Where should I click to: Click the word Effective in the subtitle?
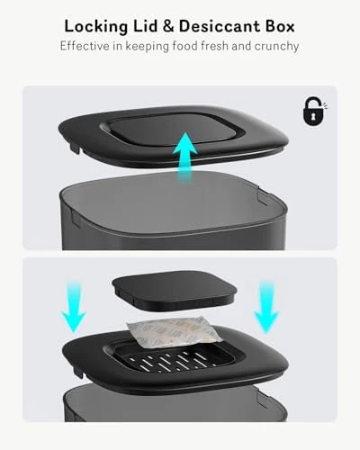pos(87,45)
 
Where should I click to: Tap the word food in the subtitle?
pos(190,45)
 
